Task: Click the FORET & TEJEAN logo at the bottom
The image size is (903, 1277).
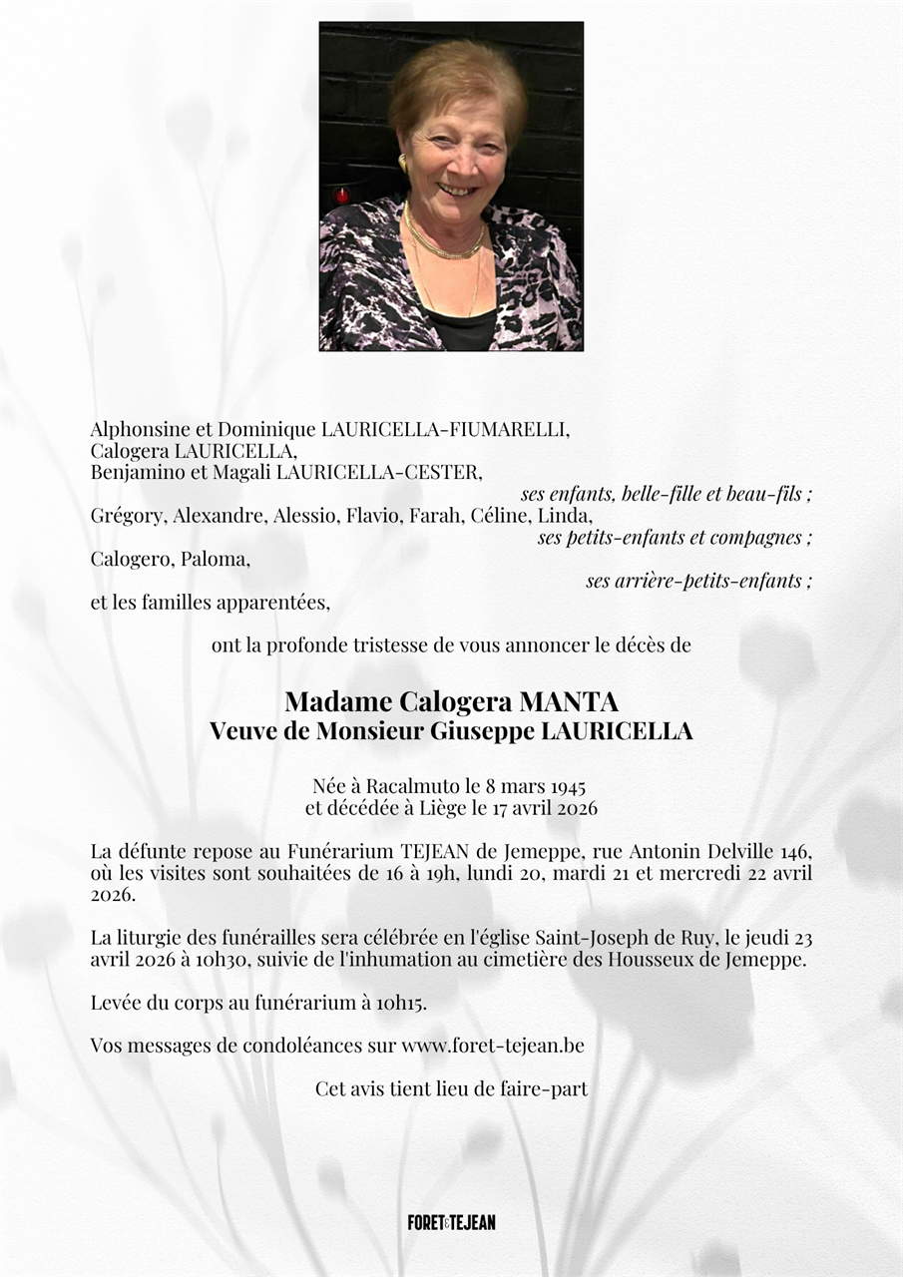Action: tap(451, 1222)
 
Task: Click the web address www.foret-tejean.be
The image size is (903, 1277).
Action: tap(493, 1046)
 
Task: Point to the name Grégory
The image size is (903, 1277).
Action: tap(129, 516)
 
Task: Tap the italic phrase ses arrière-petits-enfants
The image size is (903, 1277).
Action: tap(697, 581)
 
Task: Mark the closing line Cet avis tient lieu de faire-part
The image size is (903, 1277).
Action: tap(451, 1088)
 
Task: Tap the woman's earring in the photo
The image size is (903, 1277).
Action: tap(404, 163)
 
